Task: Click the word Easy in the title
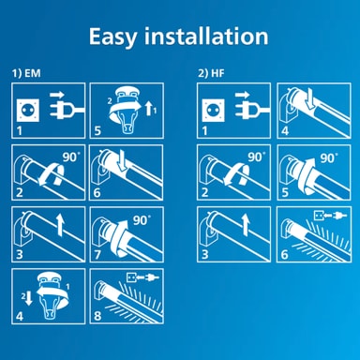112,37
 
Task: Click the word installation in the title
206,37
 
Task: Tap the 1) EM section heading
26,73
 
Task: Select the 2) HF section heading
211,73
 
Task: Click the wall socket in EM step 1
28,111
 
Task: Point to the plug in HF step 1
250,110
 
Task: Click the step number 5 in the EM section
97,130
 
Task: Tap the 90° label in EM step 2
70,157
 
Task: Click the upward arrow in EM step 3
61,224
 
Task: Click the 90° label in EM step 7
142,220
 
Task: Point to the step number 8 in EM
97,316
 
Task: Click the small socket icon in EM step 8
130,277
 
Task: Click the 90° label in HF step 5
329,158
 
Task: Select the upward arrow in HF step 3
246,224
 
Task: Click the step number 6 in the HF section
284,254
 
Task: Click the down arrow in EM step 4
28,299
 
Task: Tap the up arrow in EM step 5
150,108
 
